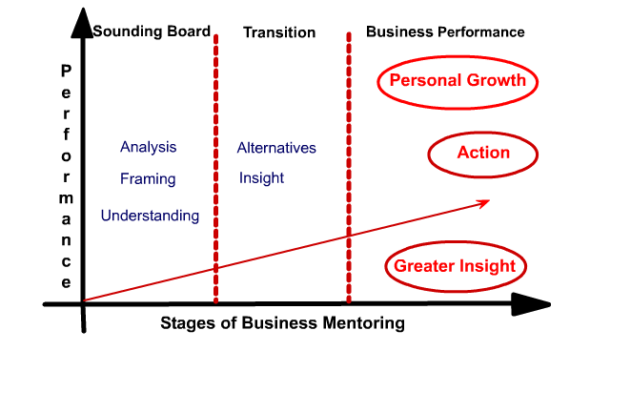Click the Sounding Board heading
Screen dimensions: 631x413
click(x=152, y=31)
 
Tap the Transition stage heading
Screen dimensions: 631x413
click(x=279, y=32)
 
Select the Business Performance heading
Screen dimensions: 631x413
click(x=445, y=31)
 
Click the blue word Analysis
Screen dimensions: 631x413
click(x=148, y=147)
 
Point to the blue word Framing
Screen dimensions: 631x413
click(x=148, y=178)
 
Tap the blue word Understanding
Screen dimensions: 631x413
click(x=150, y=216)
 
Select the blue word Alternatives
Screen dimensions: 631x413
click(x=276, y=148)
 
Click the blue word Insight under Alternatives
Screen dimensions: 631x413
click(x=261, y=178)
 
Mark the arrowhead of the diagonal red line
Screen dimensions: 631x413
click(x=484, y=202)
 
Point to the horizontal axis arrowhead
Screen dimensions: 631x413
click(x=531, y=304)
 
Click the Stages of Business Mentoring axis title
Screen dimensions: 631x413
click(x=282, y=323)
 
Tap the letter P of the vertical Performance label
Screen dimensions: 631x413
click(x=67, y=71)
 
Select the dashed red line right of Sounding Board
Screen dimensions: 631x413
click(x=216, y=169)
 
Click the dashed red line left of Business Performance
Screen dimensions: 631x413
click(x=349, y=168)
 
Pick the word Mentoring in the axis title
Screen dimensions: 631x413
click(x=364, y=323)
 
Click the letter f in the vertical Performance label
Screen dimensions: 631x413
click(x=67, y=134)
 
